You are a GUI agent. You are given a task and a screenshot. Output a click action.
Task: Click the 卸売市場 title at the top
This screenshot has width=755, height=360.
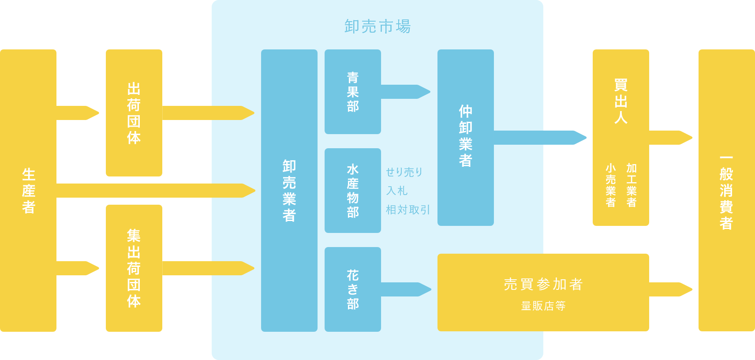(377, 26)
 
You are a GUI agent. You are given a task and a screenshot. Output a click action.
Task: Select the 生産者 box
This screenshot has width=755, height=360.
(28, 191)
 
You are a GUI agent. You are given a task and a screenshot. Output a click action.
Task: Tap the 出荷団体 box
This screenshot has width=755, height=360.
(134, 113)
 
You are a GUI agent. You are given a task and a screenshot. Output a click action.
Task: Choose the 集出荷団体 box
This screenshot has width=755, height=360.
(134, 268)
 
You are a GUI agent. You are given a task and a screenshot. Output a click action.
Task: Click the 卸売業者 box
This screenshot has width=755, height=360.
(289, 191)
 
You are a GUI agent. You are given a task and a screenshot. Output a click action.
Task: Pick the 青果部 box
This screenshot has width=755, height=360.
(352, 92)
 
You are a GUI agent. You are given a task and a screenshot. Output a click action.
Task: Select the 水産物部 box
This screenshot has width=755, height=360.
(352, 191)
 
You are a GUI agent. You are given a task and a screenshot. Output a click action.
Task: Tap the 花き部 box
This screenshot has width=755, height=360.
(352, 289)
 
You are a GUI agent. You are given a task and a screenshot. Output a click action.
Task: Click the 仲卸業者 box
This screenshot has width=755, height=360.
(465, 137)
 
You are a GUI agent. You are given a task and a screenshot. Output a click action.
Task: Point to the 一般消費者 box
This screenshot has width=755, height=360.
(726, 191)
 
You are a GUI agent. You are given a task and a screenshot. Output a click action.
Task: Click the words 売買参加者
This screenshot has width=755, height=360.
(543, 284)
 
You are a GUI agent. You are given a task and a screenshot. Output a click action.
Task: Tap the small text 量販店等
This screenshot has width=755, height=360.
(543, 306)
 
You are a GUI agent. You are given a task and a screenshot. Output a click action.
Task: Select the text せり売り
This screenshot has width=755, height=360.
(404, 172)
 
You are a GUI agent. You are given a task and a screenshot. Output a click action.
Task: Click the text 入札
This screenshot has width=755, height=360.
(397, 191)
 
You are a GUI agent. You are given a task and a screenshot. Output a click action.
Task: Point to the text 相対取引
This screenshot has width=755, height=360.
(408, 210)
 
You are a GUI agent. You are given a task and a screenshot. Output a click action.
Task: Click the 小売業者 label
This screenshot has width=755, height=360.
(610, 185)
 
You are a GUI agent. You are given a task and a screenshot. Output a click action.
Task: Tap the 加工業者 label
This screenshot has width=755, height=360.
(632, 185)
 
